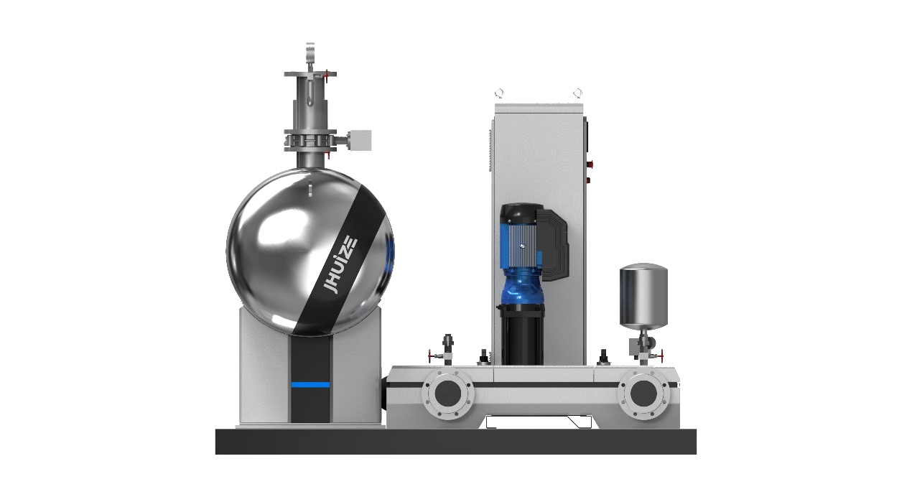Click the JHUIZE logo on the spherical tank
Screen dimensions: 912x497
click(340, 265)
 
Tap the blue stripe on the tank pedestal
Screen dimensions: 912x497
click(310, 385)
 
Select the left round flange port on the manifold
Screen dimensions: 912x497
click(448, 393)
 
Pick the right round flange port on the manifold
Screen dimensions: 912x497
click(643, 393)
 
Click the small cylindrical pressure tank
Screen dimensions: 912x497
click(643, 297)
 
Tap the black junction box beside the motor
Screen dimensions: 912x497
click(553, 245)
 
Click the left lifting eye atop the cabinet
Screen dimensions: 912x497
click(499, 93)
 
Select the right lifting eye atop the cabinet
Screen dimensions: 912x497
click(577, 93)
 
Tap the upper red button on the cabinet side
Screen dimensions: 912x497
click(589, 164)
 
